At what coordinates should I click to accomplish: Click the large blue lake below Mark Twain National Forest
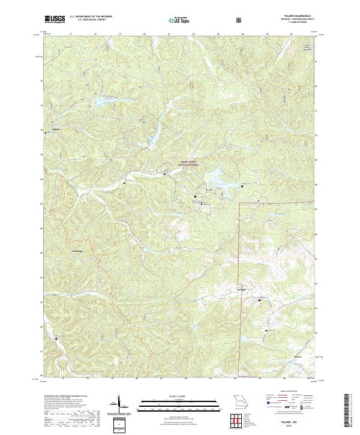pos(215,178)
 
